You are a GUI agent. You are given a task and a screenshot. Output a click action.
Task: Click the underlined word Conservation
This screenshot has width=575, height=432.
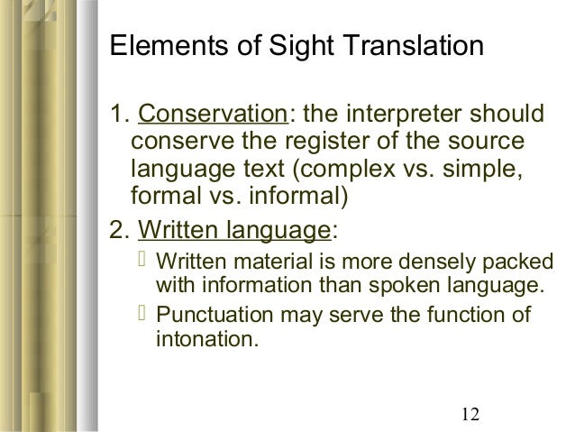tap(209, 117)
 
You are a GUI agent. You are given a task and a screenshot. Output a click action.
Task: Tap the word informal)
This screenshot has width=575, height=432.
tap(298, 195)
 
